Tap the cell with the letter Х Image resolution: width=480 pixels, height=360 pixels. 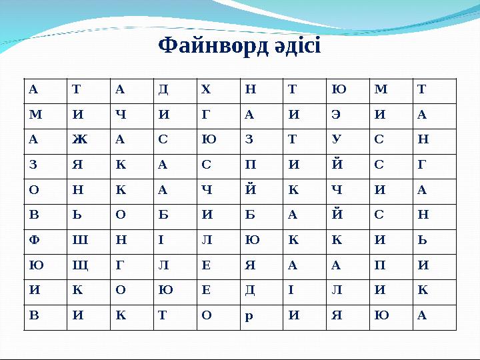pyautogui.click(x=205, y=87)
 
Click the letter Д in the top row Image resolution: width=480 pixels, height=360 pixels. pyautogui.click(x=163, y=87)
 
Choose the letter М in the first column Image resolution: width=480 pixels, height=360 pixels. pyautogui.click(x=34, y=113)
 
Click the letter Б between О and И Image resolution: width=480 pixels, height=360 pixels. pyautogui.click(x=163, y=215)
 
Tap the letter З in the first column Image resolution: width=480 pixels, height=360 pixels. pyautogui.click(x=33, y=164)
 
